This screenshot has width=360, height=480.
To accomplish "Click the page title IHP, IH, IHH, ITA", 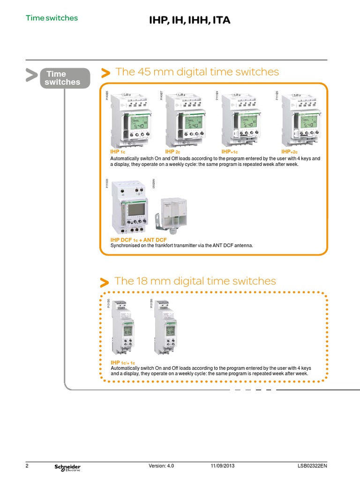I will [x=189, y=20].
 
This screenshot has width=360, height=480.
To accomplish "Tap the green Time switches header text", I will [x=52, y=18].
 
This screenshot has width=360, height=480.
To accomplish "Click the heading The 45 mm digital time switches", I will [x=197, y=72].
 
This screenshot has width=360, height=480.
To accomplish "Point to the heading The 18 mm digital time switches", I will [x=195, y=281].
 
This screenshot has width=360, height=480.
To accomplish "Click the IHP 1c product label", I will [x=118, y=152].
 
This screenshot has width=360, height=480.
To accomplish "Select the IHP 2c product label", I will [x=172, y=152].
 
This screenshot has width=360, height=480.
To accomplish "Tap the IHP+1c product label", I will [x=230, y=152].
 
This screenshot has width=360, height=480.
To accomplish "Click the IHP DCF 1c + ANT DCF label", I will [x=138, y=240].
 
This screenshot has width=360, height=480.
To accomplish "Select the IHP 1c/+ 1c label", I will [x=123, y=363].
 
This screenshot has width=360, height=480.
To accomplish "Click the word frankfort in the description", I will [x=159, y=245].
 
